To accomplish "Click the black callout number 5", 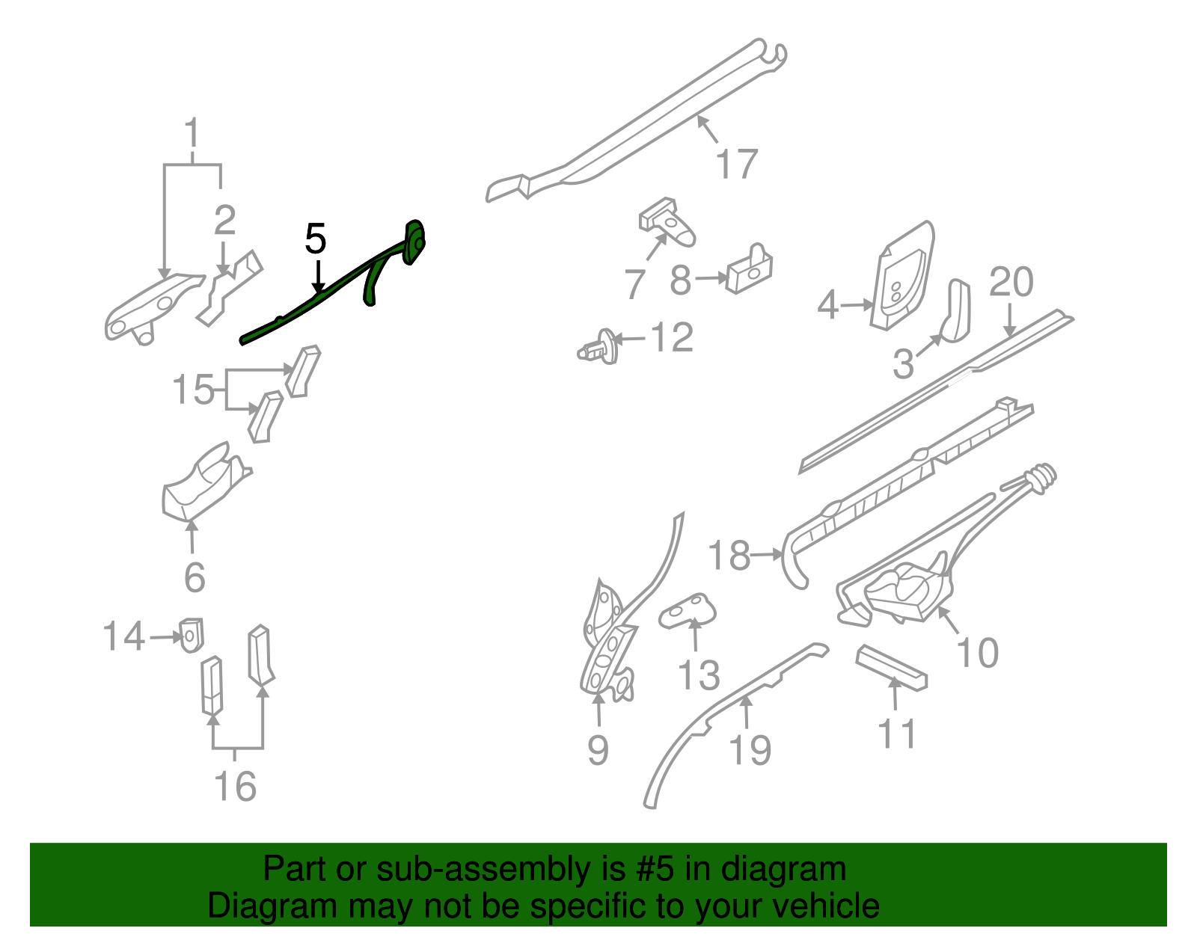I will coord(316,239).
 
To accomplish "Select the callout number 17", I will coord(736,165).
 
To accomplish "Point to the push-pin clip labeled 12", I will coord(600,348).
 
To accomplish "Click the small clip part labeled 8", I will coord(750,271).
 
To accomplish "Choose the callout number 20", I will coord(1011,283).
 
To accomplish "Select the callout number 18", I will coord(729,556).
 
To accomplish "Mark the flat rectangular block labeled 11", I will coord(892,667).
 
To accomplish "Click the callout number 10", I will coord(977,653).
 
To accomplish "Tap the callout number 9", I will coord(598,750).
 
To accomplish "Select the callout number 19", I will coord(750,750).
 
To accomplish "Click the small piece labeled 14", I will coord(192,634).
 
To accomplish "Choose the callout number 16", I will coord(235,787).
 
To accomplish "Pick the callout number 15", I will coord(193,390).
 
